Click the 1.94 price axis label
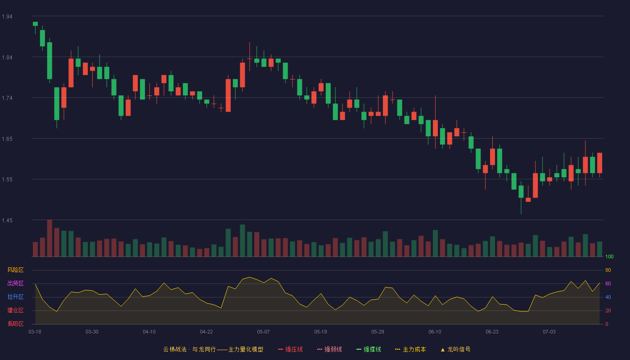coord(7,17)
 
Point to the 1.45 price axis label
coord(7,220)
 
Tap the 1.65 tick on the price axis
coord(7,139)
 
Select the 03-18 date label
coord(35,332)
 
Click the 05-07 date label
coord(263,332)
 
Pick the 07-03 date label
coord(549,332)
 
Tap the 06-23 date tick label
coord(492,332)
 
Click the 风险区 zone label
coord(15,270)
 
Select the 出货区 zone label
coord(15,283)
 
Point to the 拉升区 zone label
coord(15,297)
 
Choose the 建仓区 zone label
coord(15,310)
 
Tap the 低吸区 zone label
coord(15,324)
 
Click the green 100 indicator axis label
coord(609,256)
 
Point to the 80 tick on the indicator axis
coord(608,270)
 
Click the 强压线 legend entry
coord(290,349)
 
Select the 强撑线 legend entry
coord(369,349)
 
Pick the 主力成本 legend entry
coord(410,349)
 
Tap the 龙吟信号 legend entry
coord(455,349)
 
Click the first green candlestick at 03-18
coord(35,24)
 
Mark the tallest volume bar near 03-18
coord(49,238)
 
